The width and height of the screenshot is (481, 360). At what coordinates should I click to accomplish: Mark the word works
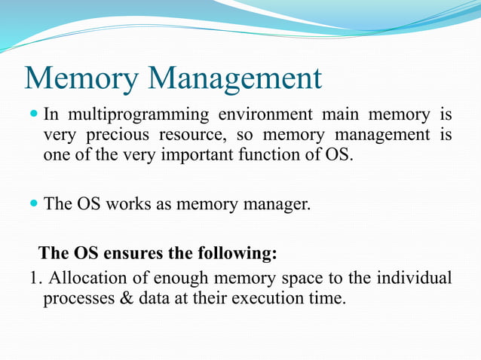(x=138, y=203)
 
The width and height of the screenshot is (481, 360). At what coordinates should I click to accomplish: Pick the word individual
(x=419, y=278)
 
